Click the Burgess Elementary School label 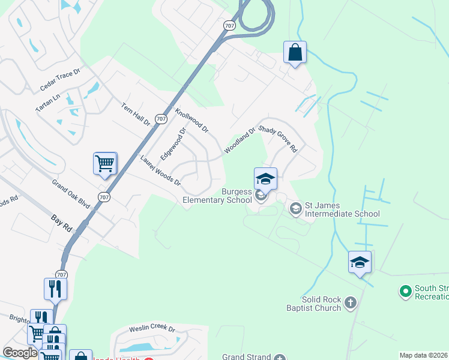[217, 196]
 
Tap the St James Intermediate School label [342, 209]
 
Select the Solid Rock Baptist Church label [322, 303]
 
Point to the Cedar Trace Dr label [60, 80]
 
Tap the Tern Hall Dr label [136, 114]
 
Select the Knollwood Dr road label [191, 121]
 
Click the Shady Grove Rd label [279, 138]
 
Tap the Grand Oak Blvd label [71, 193]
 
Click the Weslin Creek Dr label [152, 329]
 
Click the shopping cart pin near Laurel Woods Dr [105, 163]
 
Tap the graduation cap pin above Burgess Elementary [265, 178]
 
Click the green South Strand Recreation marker [406, 292]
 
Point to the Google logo [20, 353]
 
